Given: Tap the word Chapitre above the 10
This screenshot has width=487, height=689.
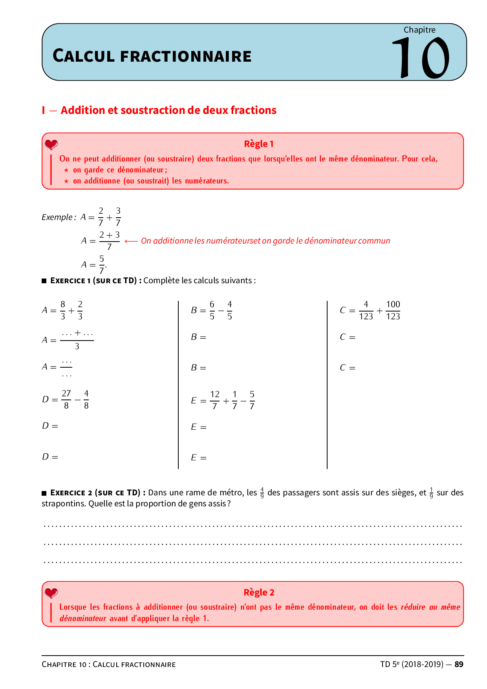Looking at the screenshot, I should [419, 30].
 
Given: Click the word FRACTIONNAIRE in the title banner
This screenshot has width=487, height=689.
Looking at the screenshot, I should [186, 57].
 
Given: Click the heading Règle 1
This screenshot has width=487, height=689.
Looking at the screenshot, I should [258, 144].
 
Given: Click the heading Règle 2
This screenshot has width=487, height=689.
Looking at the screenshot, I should [258, 592].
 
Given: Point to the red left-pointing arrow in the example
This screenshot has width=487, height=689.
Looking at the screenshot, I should [131, 241].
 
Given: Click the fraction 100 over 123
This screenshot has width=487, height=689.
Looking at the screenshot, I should [393, 310].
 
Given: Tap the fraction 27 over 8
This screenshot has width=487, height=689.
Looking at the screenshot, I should [66, 399].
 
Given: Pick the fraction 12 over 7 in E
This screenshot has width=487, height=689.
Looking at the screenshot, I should [215, 400].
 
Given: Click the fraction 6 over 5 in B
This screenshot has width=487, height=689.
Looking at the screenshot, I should [212, 310].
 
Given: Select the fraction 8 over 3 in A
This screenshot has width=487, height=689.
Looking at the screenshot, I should [63, 310].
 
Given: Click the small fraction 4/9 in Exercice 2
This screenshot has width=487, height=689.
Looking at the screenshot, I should [262, 493].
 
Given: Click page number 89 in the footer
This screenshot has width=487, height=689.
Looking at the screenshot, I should [459, 664].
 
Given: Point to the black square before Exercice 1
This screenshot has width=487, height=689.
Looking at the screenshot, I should [44, 281].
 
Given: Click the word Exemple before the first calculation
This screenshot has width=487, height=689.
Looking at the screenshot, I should [57, 217].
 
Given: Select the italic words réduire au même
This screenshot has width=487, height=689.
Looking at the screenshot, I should [430, 607].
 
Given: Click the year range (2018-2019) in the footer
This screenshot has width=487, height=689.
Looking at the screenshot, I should [422, 664].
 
